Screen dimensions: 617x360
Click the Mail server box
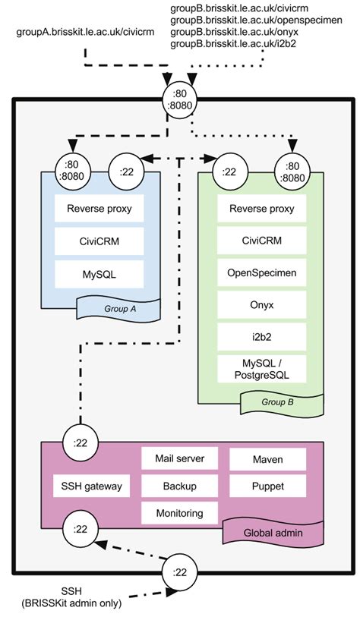click(180, 458)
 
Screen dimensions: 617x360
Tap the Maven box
click(267, 458)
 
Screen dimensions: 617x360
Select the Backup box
click(180, 485)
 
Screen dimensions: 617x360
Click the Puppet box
click(267, 485)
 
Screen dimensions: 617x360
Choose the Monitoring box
click(180, 513)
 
